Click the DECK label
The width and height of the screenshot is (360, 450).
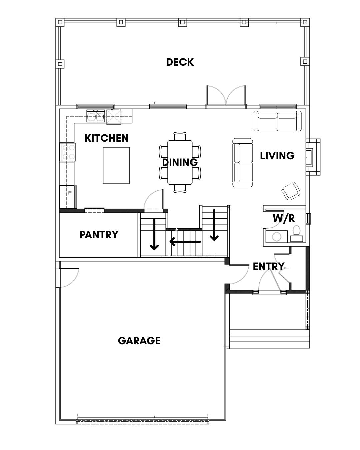point(180,62)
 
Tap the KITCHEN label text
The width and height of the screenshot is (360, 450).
point(106,138)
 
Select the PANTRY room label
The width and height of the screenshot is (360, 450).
point(99,235)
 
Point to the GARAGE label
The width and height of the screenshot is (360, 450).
point(139,341)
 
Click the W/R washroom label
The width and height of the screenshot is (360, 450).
point(284,218)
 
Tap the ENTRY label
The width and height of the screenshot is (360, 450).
point(269,266)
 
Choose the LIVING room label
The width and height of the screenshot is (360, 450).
point(277,156)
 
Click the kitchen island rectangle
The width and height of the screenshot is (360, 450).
point(116,166)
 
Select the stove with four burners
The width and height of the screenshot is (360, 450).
point(68,152)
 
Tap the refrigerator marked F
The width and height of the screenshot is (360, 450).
point(68,197)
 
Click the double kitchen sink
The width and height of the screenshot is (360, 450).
point(96,116)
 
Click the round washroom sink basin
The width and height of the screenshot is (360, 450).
point(276,237)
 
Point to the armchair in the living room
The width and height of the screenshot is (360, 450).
point(290,191)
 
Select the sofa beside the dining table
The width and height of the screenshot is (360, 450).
point(242,163)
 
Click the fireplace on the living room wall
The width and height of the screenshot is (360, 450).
point(313,157)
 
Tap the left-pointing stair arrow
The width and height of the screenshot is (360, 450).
point(185,242)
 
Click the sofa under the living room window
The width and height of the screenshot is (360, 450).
point(277,121)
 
